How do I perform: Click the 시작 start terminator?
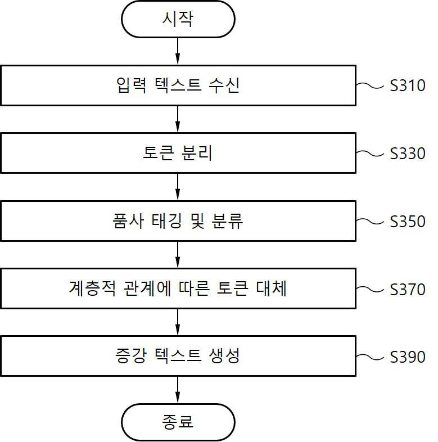[x=178, y=19]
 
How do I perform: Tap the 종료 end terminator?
[x=178, y=422]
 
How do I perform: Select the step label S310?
[x=408, y=85]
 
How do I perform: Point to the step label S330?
[x=408, y=154]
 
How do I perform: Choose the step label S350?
[x=408, y=222]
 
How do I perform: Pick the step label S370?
[x=408, y=290]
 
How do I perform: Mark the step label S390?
[x=408, y=357]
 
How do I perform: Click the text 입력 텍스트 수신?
[x=178, y=85]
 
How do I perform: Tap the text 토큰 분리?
[x=177, y=152]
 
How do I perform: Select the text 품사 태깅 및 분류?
[x=178, y=220]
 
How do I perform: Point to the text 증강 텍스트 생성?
[x=178, y=355]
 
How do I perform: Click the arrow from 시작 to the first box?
[x=178, y=51]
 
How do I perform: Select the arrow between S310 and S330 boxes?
[x=178, y=119]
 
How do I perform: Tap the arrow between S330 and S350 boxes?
[x=178, y=187]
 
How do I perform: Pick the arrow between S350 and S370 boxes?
[x=178, y=255]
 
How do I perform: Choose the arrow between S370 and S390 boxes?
[x=178, y=322]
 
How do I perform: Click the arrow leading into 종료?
[x=178, y=390]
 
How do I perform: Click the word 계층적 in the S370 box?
[x=92, y=288]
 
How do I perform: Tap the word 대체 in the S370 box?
[x=272, y=288]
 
